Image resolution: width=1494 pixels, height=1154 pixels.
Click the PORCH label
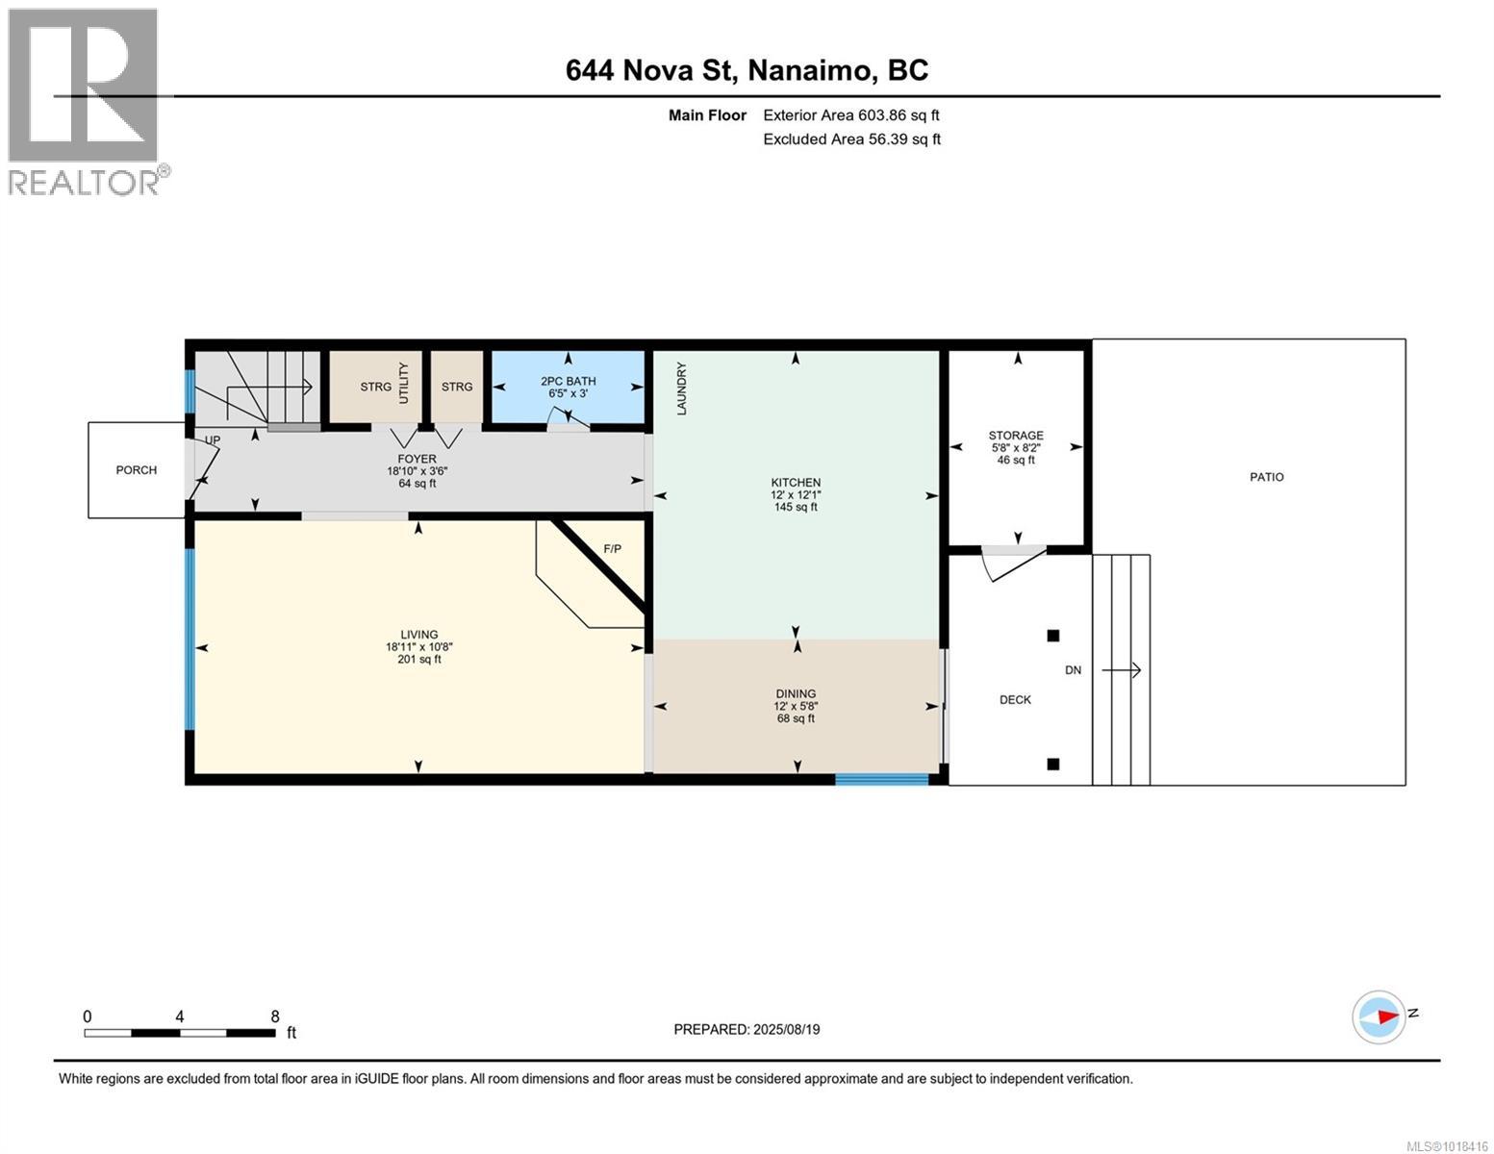[136, 470]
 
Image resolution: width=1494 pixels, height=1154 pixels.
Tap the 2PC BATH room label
[568, 381]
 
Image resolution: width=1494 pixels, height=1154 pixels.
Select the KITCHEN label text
[796, 483]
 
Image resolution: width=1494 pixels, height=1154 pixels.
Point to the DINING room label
[796, 693]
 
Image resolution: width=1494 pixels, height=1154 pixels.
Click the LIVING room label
[418, 635]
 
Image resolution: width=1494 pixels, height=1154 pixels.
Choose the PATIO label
[1266, 477]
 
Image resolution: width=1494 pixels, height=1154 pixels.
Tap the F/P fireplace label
[612, 549]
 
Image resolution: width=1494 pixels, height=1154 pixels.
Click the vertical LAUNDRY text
[682, 389]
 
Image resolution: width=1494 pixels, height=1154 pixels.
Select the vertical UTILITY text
[404, 383]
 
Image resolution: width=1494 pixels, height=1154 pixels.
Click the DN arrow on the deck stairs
[1121, 670]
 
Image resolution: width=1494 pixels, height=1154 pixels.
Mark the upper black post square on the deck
[1052, 636]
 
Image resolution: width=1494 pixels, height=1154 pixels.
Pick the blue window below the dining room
[881, 779]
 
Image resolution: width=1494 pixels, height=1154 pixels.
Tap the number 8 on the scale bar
[275, 1016]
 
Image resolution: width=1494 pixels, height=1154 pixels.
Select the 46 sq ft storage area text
[1016, 461]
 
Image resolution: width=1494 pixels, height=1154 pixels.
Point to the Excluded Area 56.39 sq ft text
[851, 139]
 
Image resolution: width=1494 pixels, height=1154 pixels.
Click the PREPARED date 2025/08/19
[747, 1029]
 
